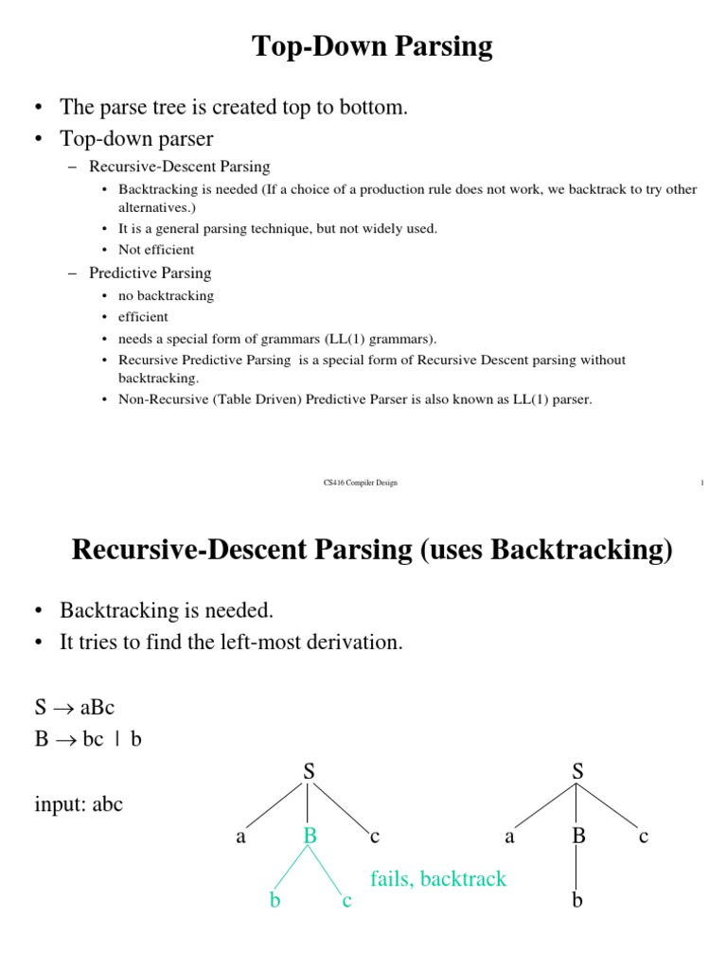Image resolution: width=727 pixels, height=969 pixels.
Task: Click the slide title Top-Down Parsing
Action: coord(372,46)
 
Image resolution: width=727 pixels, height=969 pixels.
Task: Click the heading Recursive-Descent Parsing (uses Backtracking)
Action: coord(372,550)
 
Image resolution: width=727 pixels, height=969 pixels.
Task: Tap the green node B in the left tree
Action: coord(309,836)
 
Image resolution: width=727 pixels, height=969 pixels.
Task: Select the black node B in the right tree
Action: coord(578,836)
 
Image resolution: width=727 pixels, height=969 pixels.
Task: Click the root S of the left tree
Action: coord(309,772)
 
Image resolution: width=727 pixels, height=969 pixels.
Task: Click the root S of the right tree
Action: coord(578,772)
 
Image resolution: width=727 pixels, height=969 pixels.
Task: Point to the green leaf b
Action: coord(275,901)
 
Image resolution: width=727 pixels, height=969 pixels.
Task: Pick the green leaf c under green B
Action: coord(346,901)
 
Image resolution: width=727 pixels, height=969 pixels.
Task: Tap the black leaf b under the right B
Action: coord(577,900)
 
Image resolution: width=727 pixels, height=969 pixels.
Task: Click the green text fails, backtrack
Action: coord(438,879)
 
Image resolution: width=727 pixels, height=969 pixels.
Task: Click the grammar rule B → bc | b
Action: coord(88,739)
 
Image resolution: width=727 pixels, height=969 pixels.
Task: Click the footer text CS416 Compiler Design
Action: coord(361,483)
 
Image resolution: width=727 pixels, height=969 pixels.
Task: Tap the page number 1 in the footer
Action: coord(702,483)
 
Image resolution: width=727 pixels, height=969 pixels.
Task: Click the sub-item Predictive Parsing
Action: coord(151,273)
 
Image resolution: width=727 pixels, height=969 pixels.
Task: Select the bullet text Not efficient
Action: coord(156,250)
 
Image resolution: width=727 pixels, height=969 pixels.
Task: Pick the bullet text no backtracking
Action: coord(166,295)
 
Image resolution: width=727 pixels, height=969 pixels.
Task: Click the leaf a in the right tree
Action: coord(510,837)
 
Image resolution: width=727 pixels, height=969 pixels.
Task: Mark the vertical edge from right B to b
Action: coord(577,868)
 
